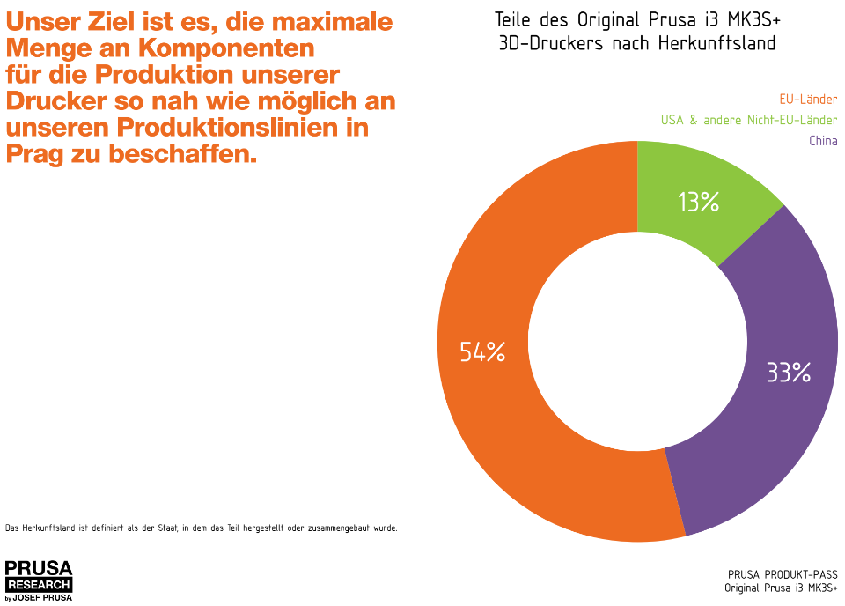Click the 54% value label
pyautogui.click(x=482, y=352)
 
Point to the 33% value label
pyautogui.click(x=788, y=373)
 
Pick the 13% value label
pyautogui.click(x=699, y=203)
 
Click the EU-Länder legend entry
pyautogui.click(x=808, y=100)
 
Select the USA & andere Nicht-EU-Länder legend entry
pyautogui.click(x=749, y=121)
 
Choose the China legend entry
pyautogui.click(x=823, y=141)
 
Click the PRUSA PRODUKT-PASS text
pyautogui.click(x=783, y=574)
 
